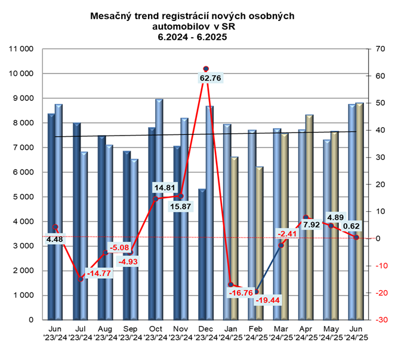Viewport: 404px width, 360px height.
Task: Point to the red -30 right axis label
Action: point(380,320)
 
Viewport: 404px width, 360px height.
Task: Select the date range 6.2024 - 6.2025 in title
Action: point(192,36)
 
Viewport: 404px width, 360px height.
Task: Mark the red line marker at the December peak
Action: point(206,69)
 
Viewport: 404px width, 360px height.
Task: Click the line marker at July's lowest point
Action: point(81,279)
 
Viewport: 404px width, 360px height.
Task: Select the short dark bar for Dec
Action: point(202,254)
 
